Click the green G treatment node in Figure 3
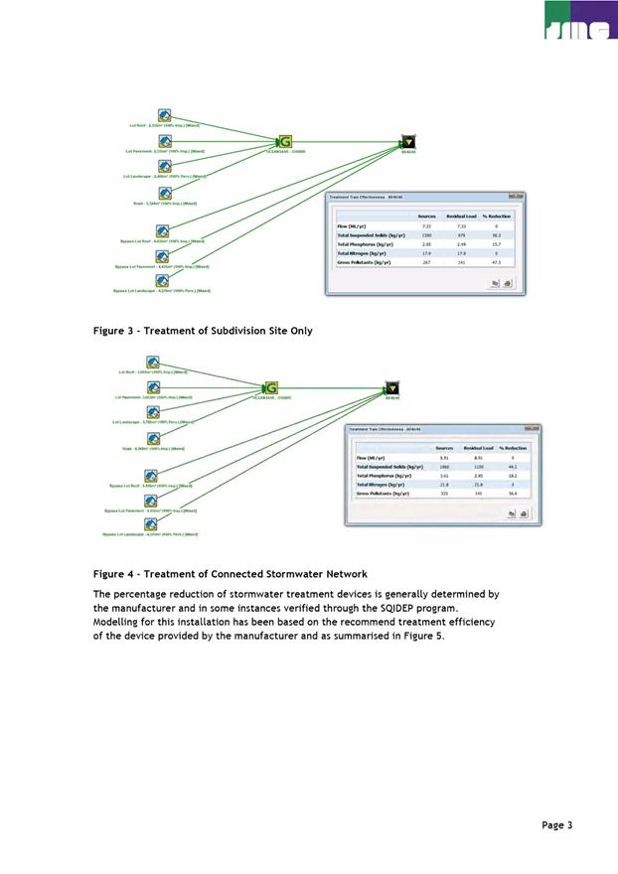[x=285, y=142]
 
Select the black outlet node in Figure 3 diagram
[x=406, y=142]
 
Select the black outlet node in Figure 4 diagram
[x=392, y=387]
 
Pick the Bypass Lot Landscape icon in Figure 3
[x=162, y=281]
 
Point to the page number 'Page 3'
[x=557, y=824]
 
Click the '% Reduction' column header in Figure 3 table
[x=496, y=216]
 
